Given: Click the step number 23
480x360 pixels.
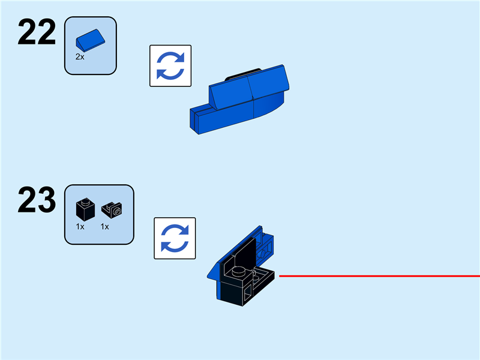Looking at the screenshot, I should pos(37,200).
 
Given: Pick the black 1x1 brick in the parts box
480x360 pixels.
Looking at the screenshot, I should pos(83,209).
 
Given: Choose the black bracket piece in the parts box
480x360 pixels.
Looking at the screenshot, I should pos(112,209).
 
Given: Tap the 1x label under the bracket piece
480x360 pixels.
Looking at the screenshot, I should pos(105,227).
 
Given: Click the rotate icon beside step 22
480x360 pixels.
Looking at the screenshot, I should pos(170,66).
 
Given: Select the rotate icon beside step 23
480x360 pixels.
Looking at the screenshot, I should pos(175,238).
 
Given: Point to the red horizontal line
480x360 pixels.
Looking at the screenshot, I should pos(378,276).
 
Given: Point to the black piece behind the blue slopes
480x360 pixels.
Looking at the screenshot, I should pos(243,75).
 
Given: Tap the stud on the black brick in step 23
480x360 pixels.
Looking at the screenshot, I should pos(239,271).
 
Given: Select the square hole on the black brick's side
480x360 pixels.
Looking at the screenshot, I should pos(247,294).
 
